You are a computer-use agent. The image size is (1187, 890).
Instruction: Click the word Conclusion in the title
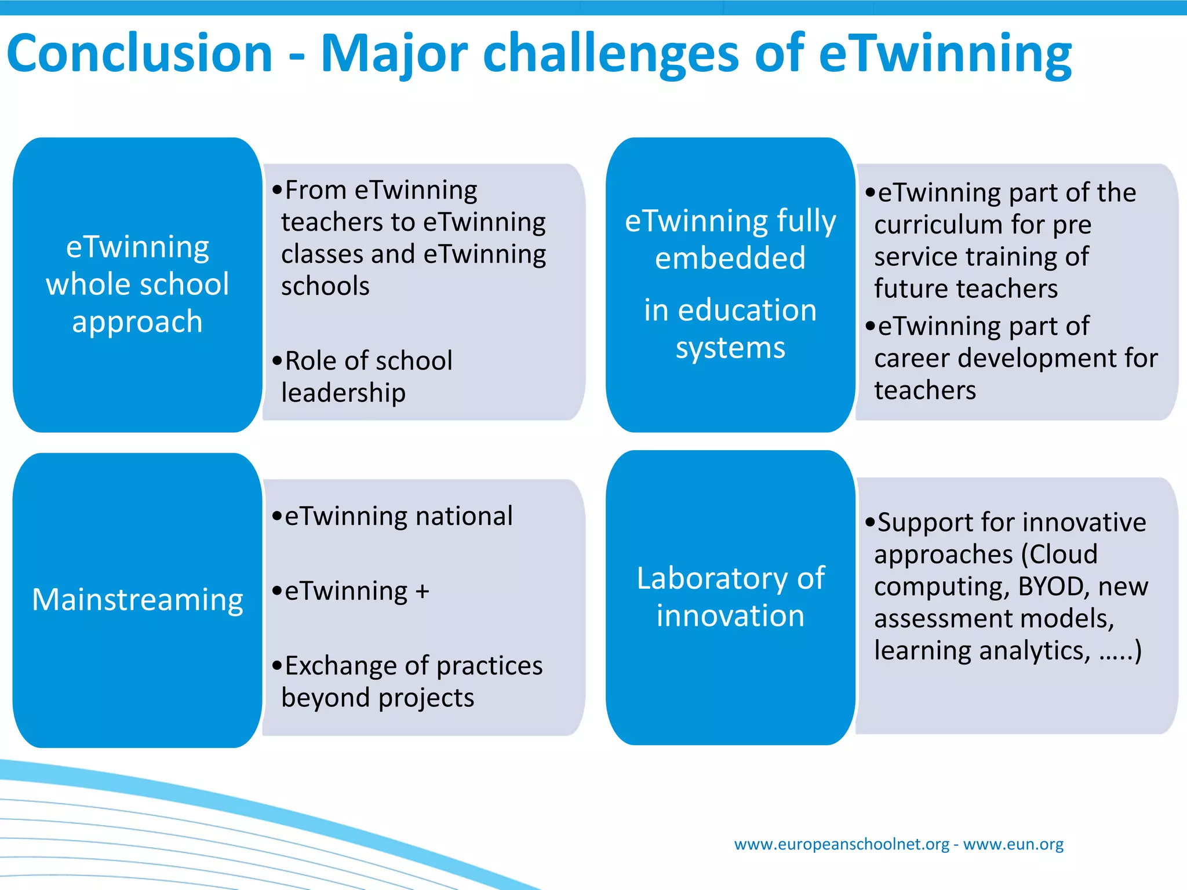139,53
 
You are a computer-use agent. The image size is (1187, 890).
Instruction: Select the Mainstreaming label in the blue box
137,600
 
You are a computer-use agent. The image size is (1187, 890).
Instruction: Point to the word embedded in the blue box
730,258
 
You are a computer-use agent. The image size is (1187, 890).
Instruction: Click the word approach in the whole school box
137,322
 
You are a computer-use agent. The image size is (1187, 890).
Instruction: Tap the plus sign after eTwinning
422,592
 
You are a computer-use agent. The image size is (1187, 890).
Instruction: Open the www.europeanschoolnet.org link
842,844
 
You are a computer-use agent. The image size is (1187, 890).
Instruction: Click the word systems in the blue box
730,348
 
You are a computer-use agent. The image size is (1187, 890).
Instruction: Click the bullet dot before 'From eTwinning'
277,190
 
